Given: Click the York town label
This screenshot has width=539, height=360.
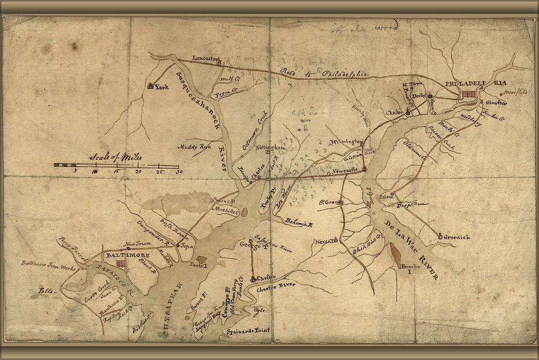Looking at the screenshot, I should tap(161, 87).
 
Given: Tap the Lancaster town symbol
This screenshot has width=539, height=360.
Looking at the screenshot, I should tap(219, 62).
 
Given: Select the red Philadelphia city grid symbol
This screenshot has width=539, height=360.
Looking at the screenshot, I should tap(469, 94).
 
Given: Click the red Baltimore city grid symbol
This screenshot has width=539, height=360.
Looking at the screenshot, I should tap(121, 264).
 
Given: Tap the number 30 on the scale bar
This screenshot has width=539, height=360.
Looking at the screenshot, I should tap(178, 172).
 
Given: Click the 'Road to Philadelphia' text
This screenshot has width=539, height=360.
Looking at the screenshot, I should tap(324, 74).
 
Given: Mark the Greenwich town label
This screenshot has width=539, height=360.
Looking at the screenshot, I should tap(457, 237).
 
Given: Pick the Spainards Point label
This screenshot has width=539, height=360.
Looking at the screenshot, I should tap(248, 331).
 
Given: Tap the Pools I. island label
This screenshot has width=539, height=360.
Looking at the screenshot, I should tap(198, 265).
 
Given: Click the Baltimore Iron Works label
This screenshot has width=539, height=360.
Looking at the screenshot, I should tap(48, 266).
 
